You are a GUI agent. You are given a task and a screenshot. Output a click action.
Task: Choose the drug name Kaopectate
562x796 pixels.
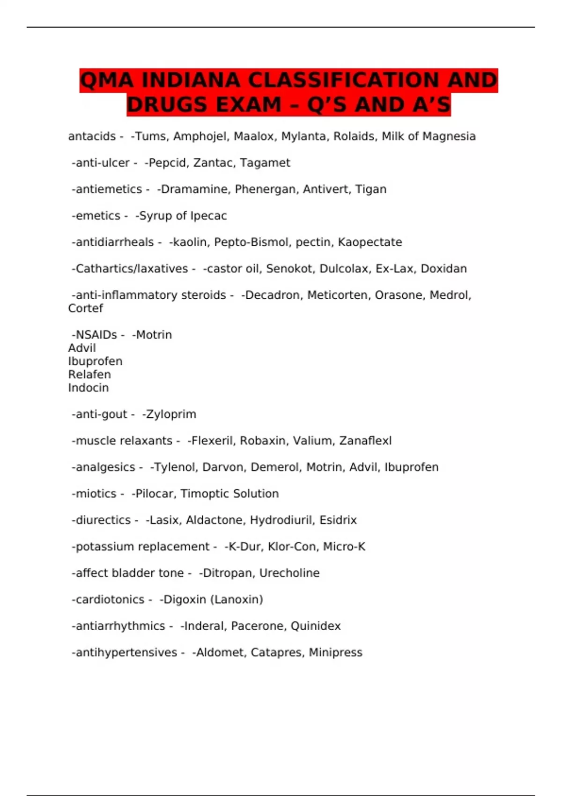point(370,242)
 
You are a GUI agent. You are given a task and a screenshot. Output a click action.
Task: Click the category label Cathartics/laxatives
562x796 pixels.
point(132,269)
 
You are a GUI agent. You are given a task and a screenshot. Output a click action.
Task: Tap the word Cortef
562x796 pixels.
point(85,308)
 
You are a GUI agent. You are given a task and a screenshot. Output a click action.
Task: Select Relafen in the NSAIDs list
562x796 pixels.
point(89,375)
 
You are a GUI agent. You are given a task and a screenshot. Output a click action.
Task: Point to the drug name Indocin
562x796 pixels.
point(89,388)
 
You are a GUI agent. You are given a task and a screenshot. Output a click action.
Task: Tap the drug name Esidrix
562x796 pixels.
point(338,520)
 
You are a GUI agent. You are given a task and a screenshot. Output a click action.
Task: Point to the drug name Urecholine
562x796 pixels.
point(289,573)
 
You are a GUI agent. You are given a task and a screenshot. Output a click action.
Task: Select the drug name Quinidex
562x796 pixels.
point(316,626)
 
